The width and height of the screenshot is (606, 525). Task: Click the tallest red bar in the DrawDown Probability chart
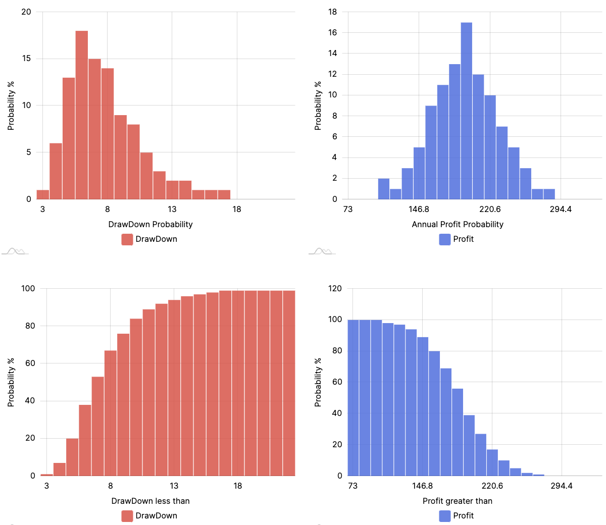point(81,115)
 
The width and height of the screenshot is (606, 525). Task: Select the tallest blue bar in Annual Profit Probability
point(466,111)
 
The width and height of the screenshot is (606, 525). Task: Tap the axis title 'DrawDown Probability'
point(150,224)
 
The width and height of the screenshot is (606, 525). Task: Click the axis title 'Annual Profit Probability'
point(458,224)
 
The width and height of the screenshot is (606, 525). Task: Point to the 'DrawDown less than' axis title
point(150,501)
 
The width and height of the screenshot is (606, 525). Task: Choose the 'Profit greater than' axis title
point(458,501)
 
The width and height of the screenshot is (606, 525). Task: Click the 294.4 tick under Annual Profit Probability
point(561,209)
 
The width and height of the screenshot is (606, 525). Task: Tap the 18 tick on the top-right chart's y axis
point(332,12)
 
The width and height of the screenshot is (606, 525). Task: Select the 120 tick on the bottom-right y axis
point(335,288)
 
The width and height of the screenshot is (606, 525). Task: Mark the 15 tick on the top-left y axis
point(26,59)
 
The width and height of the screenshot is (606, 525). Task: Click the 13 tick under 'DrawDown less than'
point(174,486)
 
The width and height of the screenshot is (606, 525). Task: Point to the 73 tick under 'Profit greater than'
point(352,486)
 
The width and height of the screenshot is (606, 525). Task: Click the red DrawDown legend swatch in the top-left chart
point(127,239)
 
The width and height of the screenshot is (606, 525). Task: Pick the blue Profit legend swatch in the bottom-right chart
point(445,516)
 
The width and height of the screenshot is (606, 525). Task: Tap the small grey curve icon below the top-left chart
point(15,251)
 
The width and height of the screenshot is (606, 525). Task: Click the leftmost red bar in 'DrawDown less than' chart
point(46,475)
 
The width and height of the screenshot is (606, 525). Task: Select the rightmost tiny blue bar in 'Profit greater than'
point(538,475)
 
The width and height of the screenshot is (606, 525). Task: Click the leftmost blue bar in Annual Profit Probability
point(384,189)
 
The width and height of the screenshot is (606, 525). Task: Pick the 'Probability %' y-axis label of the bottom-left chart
point(11,382)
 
